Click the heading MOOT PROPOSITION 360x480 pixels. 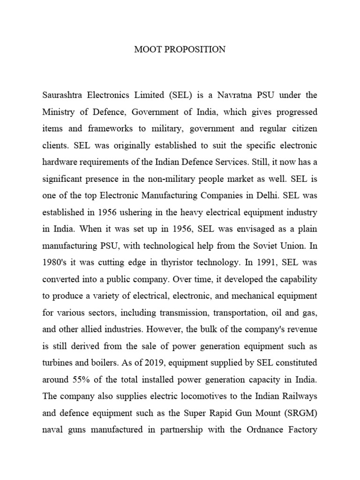point(180,49)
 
